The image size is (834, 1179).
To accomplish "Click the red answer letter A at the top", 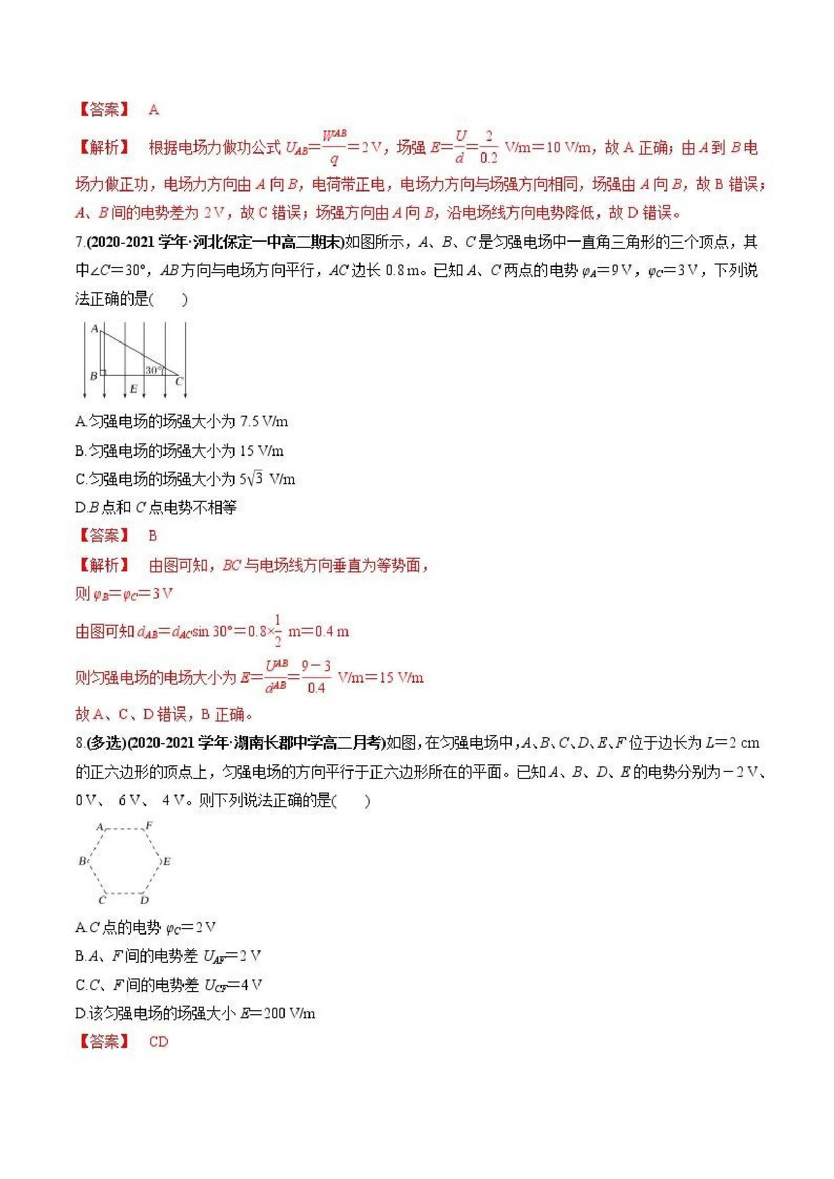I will [154, 109].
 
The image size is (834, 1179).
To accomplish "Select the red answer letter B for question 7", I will [153, 536].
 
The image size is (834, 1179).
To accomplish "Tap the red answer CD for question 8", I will [158, 1042].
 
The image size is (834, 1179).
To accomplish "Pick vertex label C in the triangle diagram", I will [180, 381].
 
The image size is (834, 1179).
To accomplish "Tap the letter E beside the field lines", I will [134, 389].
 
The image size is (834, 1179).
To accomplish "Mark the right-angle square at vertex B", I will [103, 373].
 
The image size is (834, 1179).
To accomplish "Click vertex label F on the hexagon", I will [149, 826].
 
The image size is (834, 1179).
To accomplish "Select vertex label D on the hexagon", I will [144, 900].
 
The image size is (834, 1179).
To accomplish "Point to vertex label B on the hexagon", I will [82, 861].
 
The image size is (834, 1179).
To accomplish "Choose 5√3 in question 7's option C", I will [252, 479].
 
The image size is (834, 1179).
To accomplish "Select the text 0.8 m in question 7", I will [406, 270].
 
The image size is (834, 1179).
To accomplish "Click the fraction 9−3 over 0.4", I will [316, 677].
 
